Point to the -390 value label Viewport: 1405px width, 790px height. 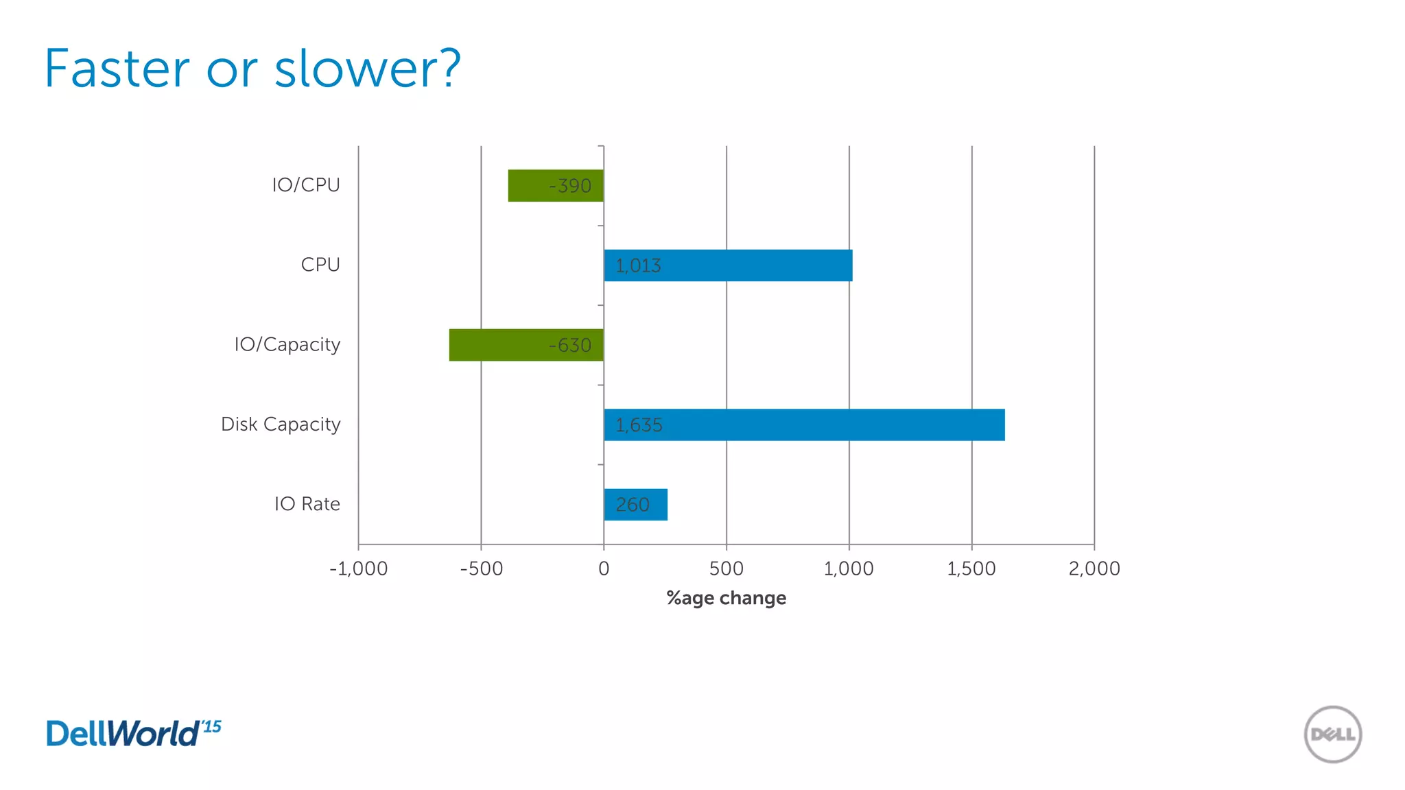(570, 186)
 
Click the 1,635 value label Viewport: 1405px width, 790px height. (639, 425)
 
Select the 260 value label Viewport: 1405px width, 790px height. (632, 505)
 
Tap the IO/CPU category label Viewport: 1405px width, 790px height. (306, 185)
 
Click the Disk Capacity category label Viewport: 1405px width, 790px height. (281, 424)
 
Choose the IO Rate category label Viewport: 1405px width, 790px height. (307, 504)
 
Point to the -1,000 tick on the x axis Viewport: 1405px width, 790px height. (358, 568)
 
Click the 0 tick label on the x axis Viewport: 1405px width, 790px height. (604, 568)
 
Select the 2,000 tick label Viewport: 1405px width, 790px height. (1094, 568)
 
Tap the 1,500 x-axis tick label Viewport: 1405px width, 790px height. (971, 568)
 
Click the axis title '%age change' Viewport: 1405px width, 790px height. (727, 598)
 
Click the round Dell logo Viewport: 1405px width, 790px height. (1333, 734)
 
